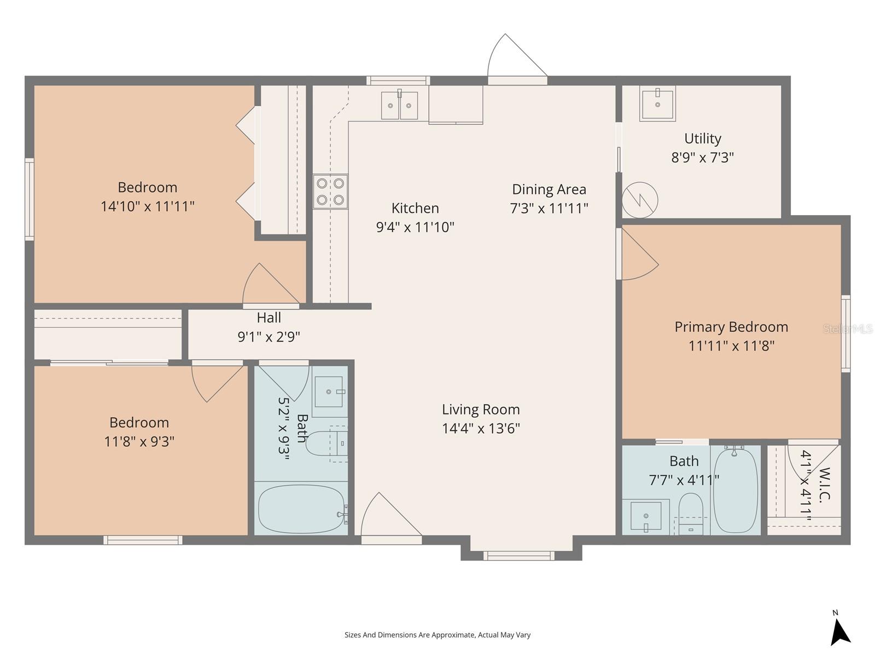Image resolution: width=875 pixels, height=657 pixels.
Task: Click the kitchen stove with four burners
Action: (330, 192)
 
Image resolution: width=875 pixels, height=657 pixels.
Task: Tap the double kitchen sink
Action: (399, 105)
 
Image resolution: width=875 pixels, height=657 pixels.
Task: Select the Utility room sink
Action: (657, 103)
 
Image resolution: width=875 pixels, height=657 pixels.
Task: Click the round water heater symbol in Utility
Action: (640, 200)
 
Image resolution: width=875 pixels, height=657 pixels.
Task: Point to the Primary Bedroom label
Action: (731, 327)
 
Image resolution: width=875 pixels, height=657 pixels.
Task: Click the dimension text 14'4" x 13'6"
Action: (481, 428)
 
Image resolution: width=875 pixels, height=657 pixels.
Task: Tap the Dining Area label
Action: (549, 189)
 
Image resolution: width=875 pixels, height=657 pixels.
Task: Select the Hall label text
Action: (269, 318)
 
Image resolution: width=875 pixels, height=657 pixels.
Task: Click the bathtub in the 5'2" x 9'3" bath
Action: (301, 509)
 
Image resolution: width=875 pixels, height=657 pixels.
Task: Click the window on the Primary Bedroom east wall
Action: (845, 333)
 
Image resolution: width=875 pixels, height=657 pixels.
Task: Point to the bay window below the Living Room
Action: (518, 556)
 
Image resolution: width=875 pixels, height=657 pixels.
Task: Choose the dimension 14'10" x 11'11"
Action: (148, 206)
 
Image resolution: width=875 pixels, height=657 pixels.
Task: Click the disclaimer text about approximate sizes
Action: (437, 635)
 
